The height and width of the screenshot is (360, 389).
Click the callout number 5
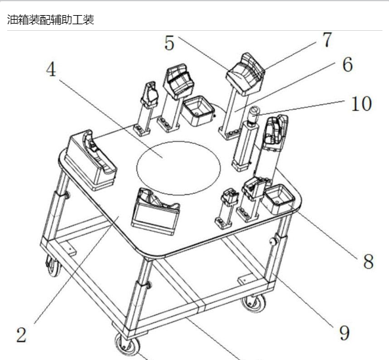[x=169, y=43]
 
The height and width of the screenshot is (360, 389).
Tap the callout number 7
[x=327, y=39]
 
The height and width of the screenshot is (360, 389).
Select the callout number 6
[x=348, y=64]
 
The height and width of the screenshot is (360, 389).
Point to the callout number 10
[x=361, y=104]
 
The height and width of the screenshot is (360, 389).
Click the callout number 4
[x=51, y=70]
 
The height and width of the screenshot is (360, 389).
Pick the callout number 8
[x=369, y=262]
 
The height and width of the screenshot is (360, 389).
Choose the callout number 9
[x=344, y=333]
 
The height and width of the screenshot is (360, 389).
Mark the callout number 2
[x=22, y=334]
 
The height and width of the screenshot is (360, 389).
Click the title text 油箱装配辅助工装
[x=51, y=20]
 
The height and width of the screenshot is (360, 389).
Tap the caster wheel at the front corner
[x=127, y=344]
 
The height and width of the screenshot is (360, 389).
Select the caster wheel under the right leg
[x=253, y=302]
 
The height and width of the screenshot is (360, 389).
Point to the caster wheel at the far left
[x=54, y=266]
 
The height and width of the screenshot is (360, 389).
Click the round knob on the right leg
[x=274, y=241]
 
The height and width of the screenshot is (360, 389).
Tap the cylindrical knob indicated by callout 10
[x=254, y=113]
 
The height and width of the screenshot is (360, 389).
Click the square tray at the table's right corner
[x=279, y=199]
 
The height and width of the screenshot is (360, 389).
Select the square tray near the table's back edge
[x=197, y=111]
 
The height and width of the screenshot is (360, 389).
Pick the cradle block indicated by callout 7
[x=245, y=74]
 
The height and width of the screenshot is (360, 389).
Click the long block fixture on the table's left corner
[x=91, y=160]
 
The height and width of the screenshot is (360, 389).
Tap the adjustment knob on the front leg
[x=149, y=285]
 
